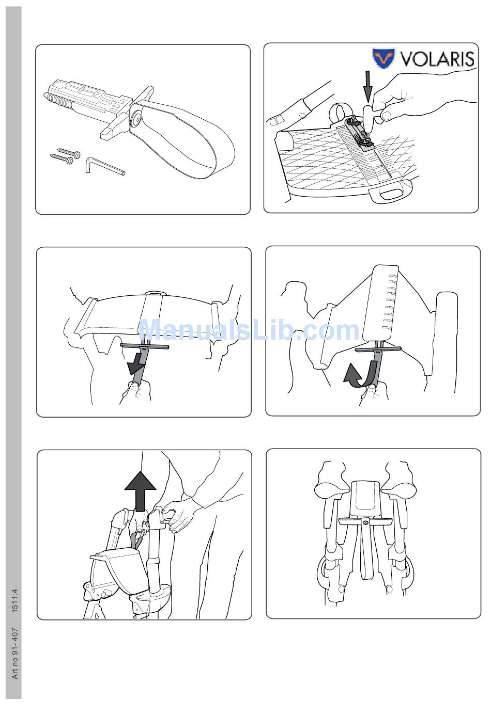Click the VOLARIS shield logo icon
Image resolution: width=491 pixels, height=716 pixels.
[x=383, y=58]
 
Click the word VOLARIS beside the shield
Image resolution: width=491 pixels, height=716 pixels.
[x=437, y=58]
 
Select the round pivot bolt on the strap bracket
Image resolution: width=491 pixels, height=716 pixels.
[x=136, y=118]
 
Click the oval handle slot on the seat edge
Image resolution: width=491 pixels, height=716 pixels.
[x=390, y=194]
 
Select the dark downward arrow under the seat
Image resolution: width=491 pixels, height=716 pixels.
[x=136, y=364]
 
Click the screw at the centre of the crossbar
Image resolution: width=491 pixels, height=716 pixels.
[x=365, y=522]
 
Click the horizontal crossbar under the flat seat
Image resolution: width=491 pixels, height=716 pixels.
[x=145, y=345]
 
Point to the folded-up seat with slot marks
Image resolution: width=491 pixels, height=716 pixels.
[x=381, y=302]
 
